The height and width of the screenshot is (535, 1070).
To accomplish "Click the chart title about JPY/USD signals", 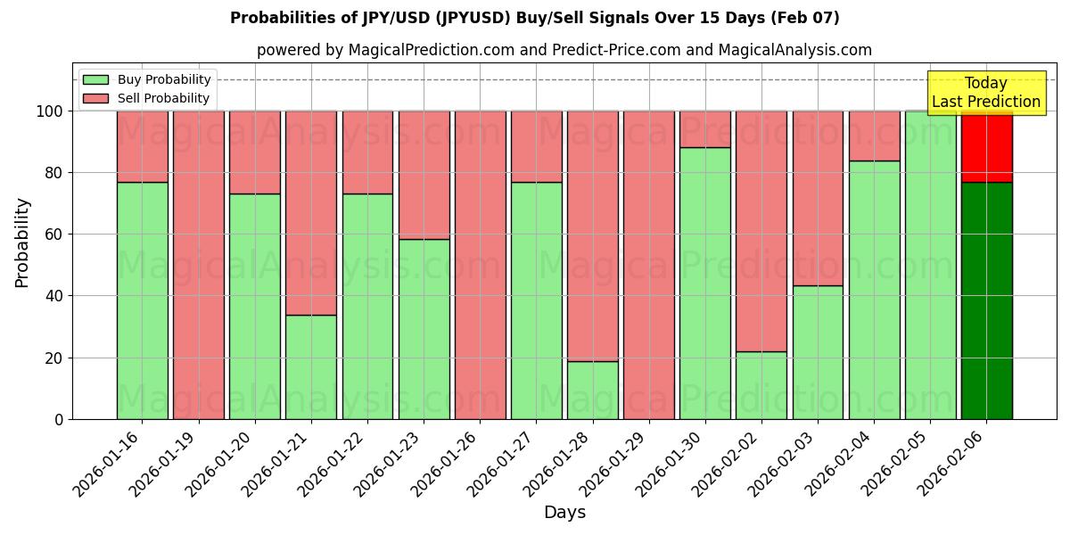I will pyautogui.click(x=534, y=18).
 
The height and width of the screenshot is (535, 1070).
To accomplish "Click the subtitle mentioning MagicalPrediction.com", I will pyautogui.click(x=564, y=50).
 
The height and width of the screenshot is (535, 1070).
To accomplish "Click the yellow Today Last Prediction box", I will pyautogui.click(x=985, y=93).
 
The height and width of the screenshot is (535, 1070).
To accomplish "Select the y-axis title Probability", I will pyautogui.click(x=22, y=243).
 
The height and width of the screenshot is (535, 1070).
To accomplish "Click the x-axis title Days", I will pyautogui.click(x=564, y=513).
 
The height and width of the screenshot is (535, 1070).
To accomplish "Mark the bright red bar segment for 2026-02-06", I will pyautogui.click(x=986, y=146).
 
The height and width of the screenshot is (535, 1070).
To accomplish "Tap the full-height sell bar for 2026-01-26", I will pyautogui.click(x=480, y=265).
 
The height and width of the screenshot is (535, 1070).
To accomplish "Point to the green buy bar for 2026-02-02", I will pyautogui.click(x=761, y=385).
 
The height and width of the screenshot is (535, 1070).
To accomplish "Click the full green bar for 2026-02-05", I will pyautogui.click(x=930, y=265).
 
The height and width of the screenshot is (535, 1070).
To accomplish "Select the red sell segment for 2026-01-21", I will pyautogui.click(x=310, y=213).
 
